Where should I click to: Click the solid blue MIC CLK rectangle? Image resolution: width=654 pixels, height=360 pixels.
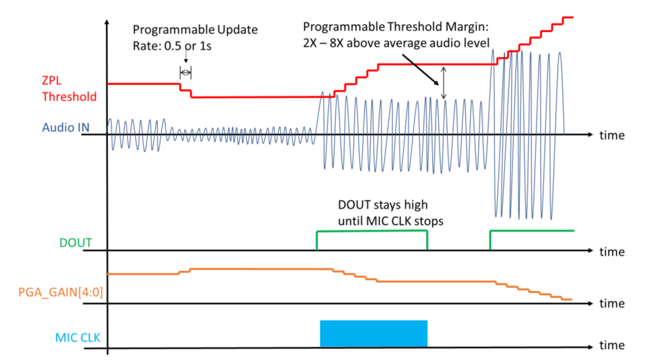pyautogui.click(x=373, y=333)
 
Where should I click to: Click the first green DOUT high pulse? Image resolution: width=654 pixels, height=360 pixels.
pyautogui.click(x=372, y=232)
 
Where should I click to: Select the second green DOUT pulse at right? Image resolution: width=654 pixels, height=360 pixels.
pyautogui.click(x=531, y=231)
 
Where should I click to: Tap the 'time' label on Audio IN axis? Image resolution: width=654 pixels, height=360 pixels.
pyautogui.click(x=612, y=135)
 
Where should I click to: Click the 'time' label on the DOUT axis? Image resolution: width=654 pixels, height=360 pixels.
pyautogui.click(x=612, y=251)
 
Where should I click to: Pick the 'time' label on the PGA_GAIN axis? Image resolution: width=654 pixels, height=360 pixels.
pyautogui.click(x=612, y=303)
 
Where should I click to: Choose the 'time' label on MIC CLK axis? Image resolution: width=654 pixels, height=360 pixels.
pyautogui.click(x=612, y=345)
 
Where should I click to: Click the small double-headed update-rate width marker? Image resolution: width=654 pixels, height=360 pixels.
pyautogui.click(x=185, y=72)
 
